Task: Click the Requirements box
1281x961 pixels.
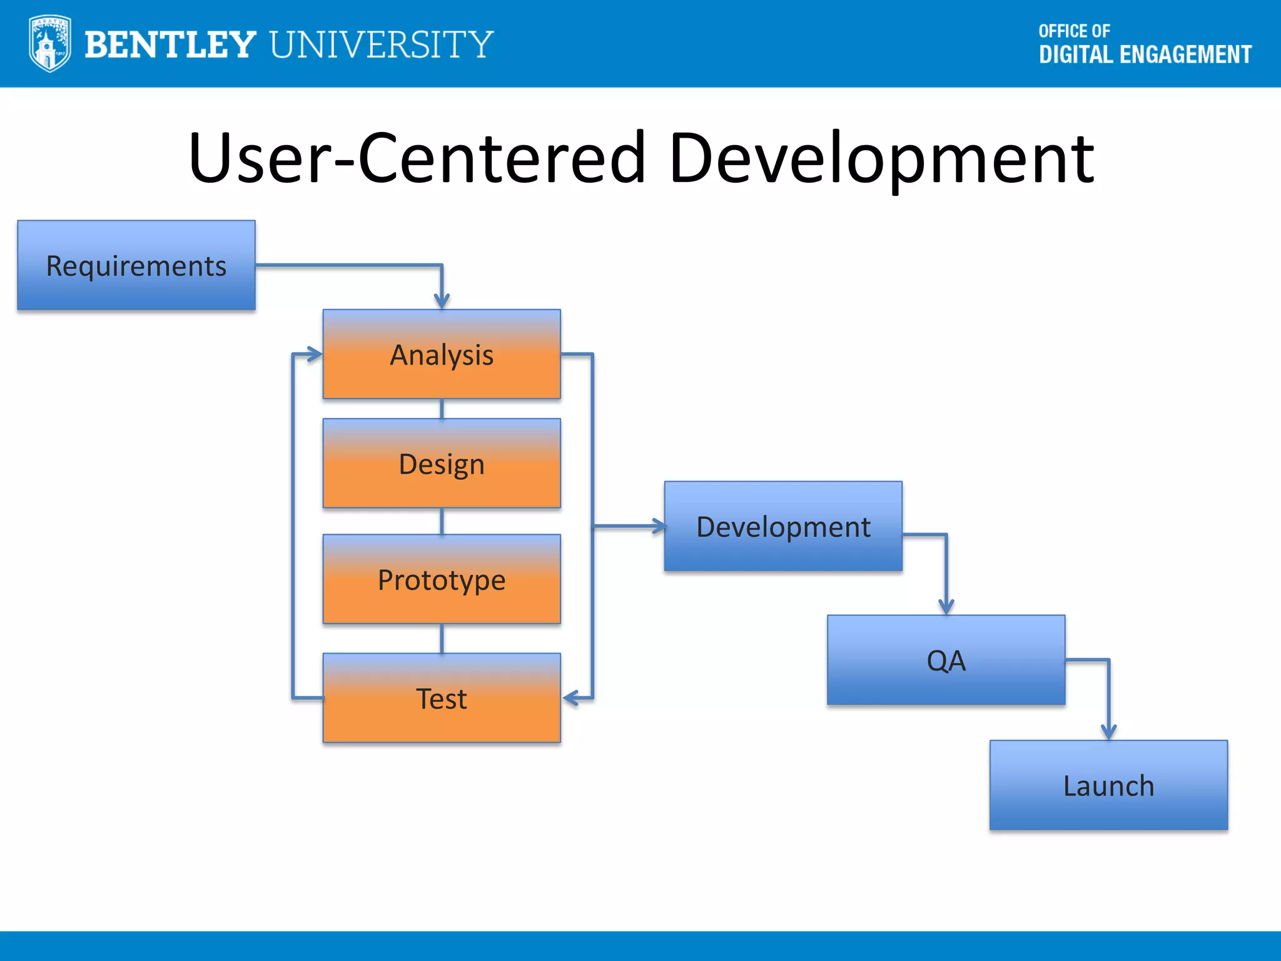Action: [x=136, y=265]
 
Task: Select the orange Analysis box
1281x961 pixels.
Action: [x=442, y=354]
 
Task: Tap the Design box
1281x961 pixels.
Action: [x=442, y=464]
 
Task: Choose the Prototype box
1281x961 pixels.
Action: [x=442, y=579]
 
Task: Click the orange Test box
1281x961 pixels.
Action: [x=442, y=698]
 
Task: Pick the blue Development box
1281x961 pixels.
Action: [x=783, y=526]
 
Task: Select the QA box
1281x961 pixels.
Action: [x=946, y=660]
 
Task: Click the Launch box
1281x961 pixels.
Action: [x=1108, y=786]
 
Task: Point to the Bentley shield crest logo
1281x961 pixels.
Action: [x=49, y=44]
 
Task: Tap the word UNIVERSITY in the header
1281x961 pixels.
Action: [x=382, y=45]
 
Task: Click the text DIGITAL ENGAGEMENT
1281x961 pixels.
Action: [x=1145, y=55]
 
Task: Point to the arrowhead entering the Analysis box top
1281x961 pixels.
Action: [x=442, y=302]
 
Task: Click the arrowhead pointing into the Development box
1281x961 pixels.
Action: [x=659, y=526]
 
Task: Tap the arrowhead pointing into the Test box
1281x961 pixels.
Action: [x=569, y=698]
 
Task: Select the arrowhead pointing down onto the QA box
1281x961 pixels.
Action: [x=946, y=606]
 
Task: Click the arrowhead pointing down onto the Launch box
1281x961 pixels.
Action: [x=1108, y=731]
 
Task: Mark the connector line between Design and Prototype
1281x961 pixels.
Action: [x=442, y=521]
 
